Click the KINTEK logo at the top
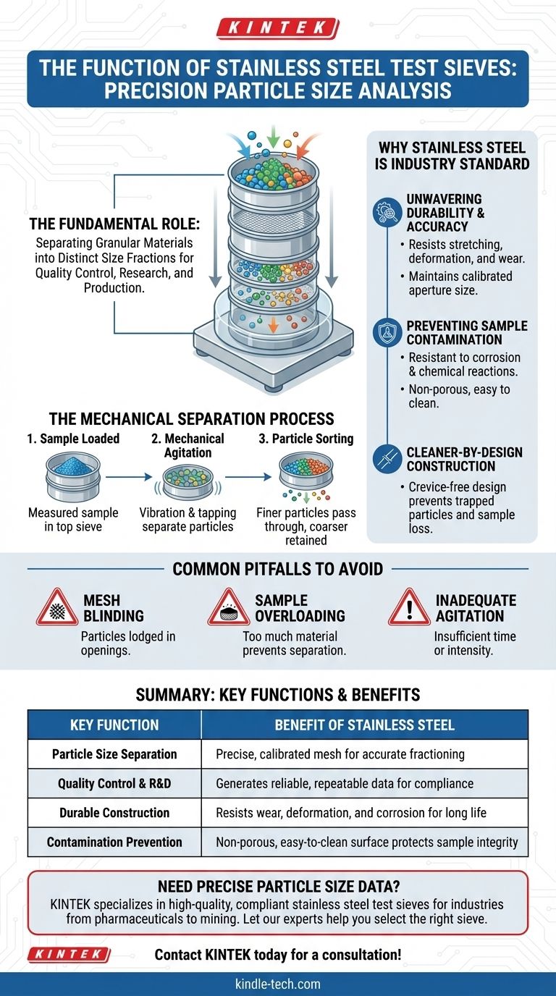tap(277, 29)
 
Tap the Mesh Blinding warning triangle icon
tap(58, 608)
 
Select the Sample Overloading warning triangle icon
tap(229, 608)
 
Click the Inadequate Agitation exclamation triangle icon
tap(409, 608)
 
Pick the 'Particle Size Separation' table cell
tap(114, 754)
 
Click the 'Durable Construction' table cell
tap(114, 813)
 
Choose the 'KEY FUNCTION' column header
tap(114, 725)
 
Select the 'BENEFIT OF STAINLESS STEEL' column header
tap(364, 725)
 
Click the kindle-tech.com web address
tap(277, 984)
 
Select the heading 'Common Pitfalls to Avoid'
tap(277, 569)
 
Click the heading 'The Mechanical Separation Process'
tap(191, 419)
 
